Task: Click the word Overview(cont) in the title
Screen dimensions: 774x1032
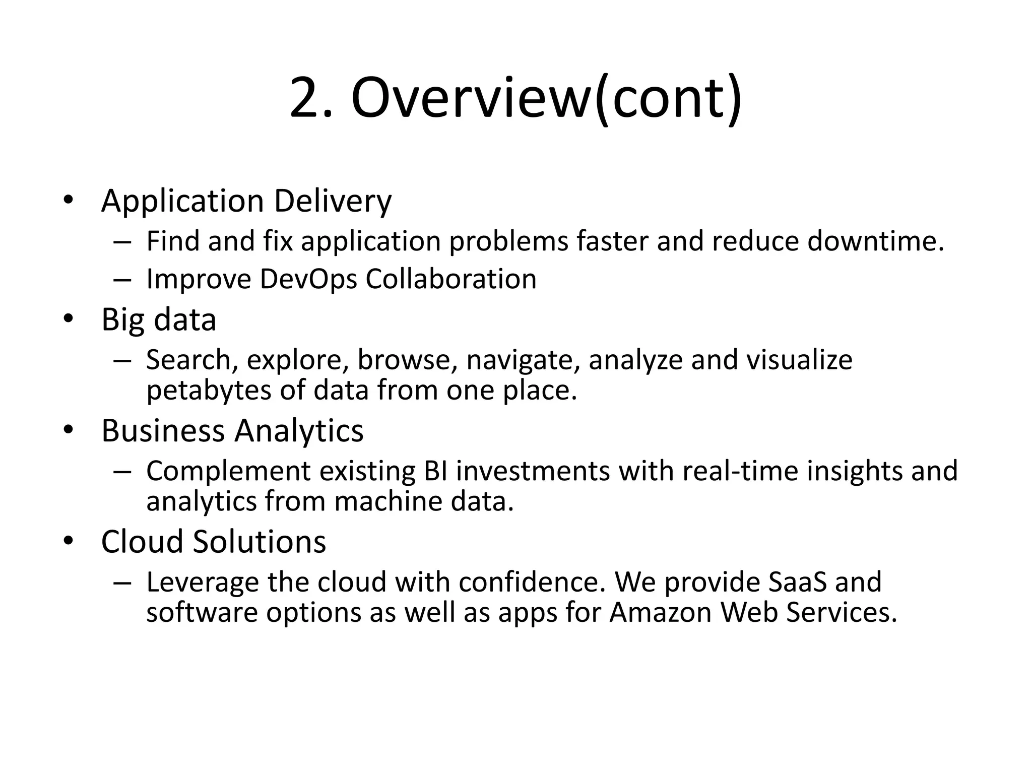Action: coord(546,98)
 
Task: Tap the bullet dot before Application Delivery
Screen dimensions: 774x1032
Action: coord(68,200)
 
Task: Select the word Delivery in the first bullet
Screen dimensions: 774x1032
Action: coord(333,201)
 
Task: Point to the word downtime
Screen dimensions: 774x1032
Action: coord(875,241)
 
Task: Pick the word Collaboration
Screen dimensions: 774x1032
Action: coord(451,279)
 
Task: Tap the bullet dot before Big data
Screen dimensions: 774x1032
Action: coord(68,319)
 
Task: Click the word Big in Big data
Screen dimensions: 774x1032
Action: coord(123,320)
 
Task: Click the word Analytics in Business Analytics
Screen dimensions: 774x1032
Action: coord(299,431)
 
